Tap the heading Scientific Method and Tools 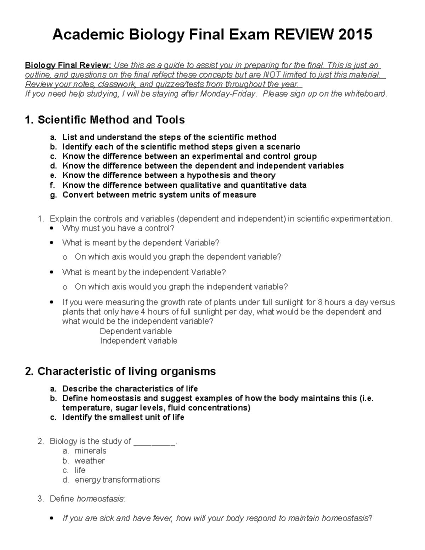(105, 120)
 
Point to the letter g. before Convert (53, 195)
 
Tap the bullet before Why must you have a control (52, 228)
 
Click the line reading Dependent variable (136, 331)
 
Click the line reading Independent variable (138, 341)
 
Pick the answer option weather (90, 461)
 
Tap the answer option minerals (90, 451)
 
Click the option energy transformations (117, 480)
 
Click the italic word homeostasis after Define (100, 499)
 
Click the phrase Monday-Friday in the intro (228, 94)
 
